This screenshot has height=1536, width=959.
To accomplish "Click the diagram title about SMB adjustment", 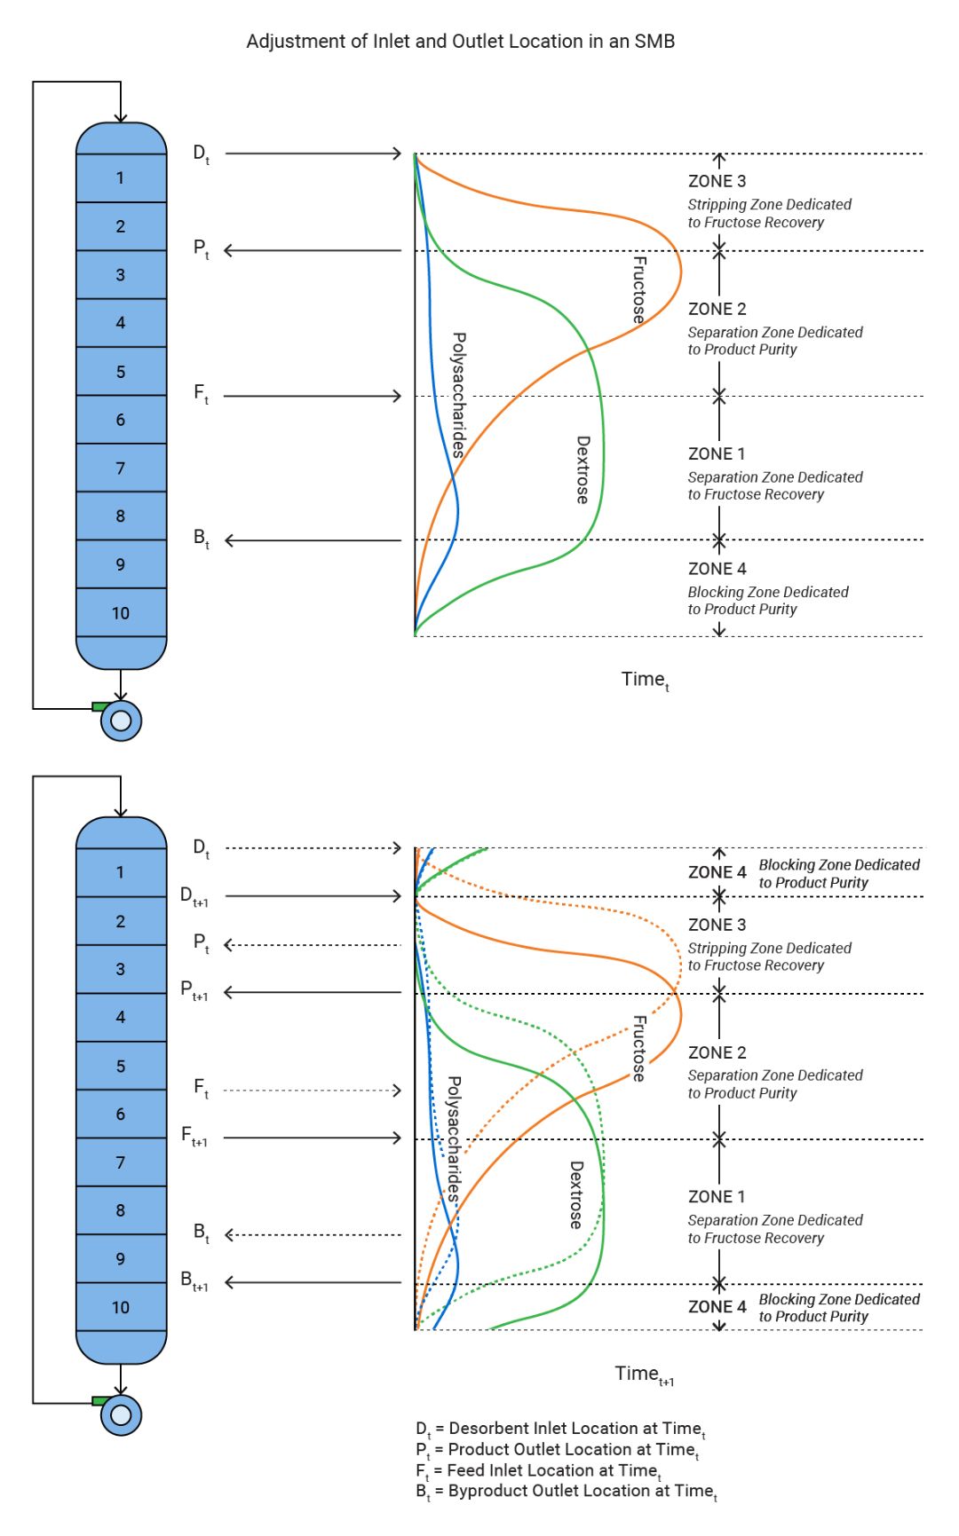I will [x=460, y=42].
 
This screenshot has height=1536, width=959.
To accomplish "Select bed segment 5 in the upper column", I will [x=121, y=372].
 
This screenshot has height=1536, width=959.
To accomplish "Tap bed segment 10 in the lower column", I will [x=121, y=1307].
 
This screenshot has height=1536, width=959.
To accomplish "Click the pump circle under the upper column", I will [x=122, y=721].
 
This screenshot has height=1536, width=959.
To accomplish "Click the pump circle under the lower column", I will [x=122, y=1414].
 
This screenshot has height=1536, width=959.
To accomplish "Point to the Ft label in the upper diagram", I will [x=201, y=393].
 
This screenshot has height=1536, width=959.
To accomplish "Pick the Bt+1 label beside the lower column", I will [x=194, y=1280].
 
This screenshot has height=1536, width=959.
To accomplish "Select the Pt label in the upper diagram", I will [x=201, y=248].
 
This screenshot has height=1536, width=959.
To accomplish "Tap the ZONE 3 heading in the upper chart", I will [x=717, y=181].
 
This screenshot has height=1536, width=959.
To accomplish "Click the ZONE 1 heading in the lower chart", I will [x=717, y=1197].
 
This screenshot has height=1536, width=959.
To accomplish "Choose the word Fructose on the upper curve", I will [x=638, y=289].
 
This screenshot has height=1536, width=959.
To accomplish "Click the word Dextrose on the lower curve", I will [x=575, y=1194].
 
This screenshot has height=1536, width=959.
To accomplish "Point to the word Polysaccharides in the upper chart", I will [x=458, y=394].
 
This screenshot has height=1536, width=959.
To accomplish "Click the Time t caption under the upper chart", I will [x=645, y=680].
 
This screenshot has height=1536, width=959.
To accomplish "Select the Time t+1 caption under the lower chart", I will [x=644, y=1375].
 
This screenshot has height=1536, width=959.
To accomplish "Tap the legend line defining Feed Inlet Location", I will [x=538, y=1470].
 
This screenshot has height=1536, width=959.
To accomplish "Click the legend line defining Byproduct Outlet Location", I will [x=566, y=1492].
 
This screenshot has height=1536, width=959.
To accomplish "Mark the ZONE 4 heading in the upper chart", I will [x=717, y=569].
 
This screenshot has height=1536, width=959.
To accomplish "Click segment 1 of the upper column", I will [x=121, y=178].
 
